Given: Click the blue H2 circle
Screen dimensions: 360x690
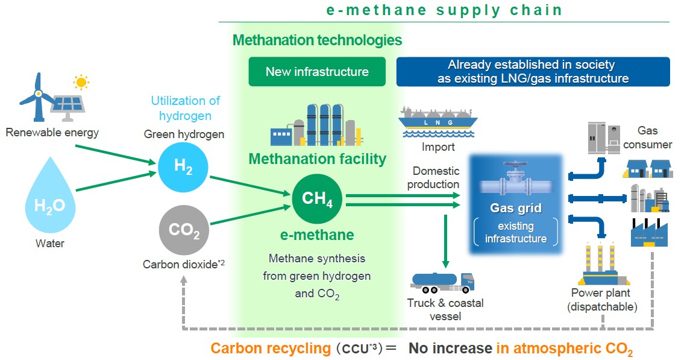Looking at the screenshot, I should tap(183, 168).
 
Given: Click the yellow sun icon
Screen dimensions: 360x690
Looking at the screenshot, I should tap(80, 81).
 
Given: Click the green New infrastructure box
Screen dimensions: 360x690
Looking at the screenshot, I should tap(317, 72).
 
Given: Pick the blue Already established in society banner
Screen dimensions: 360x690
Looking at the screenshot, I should tap(533, 72).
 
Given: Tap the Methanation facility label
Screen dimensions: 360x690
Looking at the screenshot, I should tap(317, 159).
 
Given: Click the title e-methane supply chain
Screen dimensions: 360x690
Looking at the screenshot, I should tap(444, 10).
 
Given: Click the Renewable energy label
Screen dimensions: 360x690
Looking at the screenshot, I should tap(52, 132).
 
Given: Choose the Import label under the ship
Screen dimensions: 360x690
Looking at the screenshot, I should tap(438, 147).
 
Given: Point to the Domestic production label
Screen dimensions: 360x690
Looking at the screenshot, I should tap(433, 178).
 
